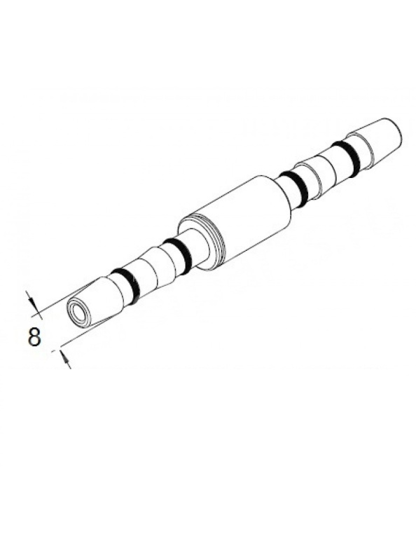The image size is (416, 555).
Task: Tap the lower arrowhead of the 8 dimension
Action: coord(65,357)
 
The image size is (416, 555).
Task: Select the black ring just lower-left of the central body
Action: coord(178,256)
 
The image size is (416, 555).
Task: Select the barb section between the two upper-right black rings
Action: coord(322,173)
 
